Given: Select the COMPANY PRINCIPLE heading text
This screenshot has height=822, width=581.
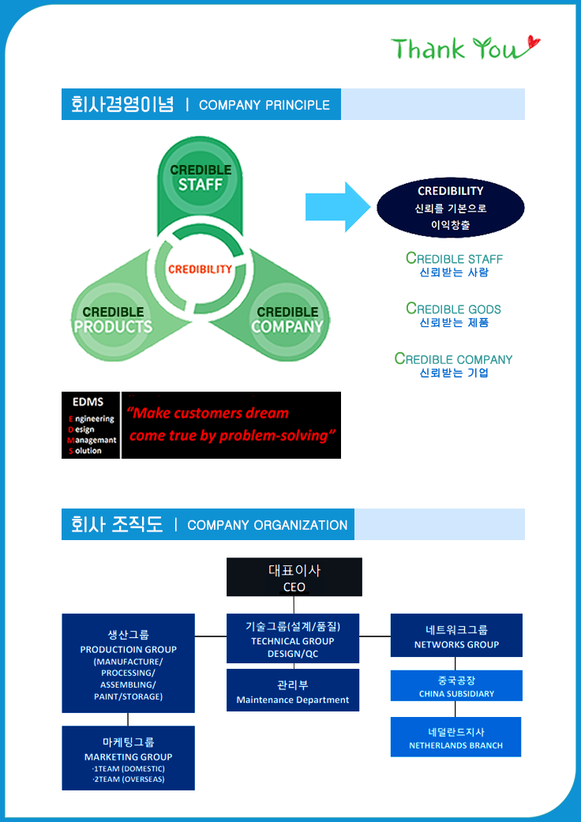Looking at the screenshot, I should (264, 105).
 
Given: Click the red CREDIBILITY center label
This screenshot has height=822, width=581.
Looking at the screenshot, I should (200, 268).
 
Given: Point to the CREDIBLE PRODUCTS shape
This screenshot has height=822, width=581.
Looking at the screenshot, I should (113, 320).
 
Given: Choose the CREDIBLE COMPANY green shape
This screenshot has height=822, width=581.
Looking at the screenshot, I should (287, 320).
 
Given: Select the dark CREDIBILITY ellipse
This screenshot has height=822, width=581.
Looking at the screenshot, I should (450, 208).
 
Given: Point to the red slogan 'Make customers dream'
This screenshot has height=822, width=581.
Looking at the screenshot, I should (208, 413).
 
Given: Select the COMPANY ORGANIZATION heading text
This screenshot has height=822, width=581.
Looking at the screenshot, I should (267, 525).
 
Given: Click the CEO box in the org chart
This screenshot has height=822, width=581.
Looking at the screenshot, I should (294, 577).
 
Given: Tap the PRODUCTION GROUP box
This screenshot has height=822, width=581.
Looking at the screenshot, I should (129, 663).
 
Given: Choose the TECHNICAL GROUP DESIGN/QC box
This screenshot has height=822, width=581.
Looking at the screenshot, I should (293, 638).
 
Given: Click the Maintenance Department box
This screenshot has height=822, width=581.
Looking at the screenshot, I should (293, 691).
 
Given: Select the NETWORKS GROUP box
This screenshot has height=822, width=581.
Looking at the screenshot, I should (456, 636).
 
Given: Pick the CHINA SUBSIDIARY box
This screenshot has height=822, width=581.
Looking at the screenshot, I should (456, 685).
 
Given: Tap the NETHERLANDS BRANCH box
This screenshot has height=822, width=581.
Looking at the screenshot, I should (455, 738).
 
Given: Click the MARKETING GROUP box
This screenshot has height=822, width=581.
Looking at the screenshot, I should (129, 758).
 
